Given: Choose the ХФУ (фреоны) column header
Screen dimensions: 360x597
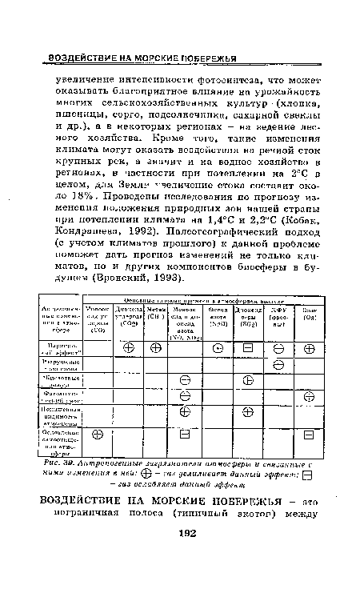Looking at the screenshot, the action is [278, 316].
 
